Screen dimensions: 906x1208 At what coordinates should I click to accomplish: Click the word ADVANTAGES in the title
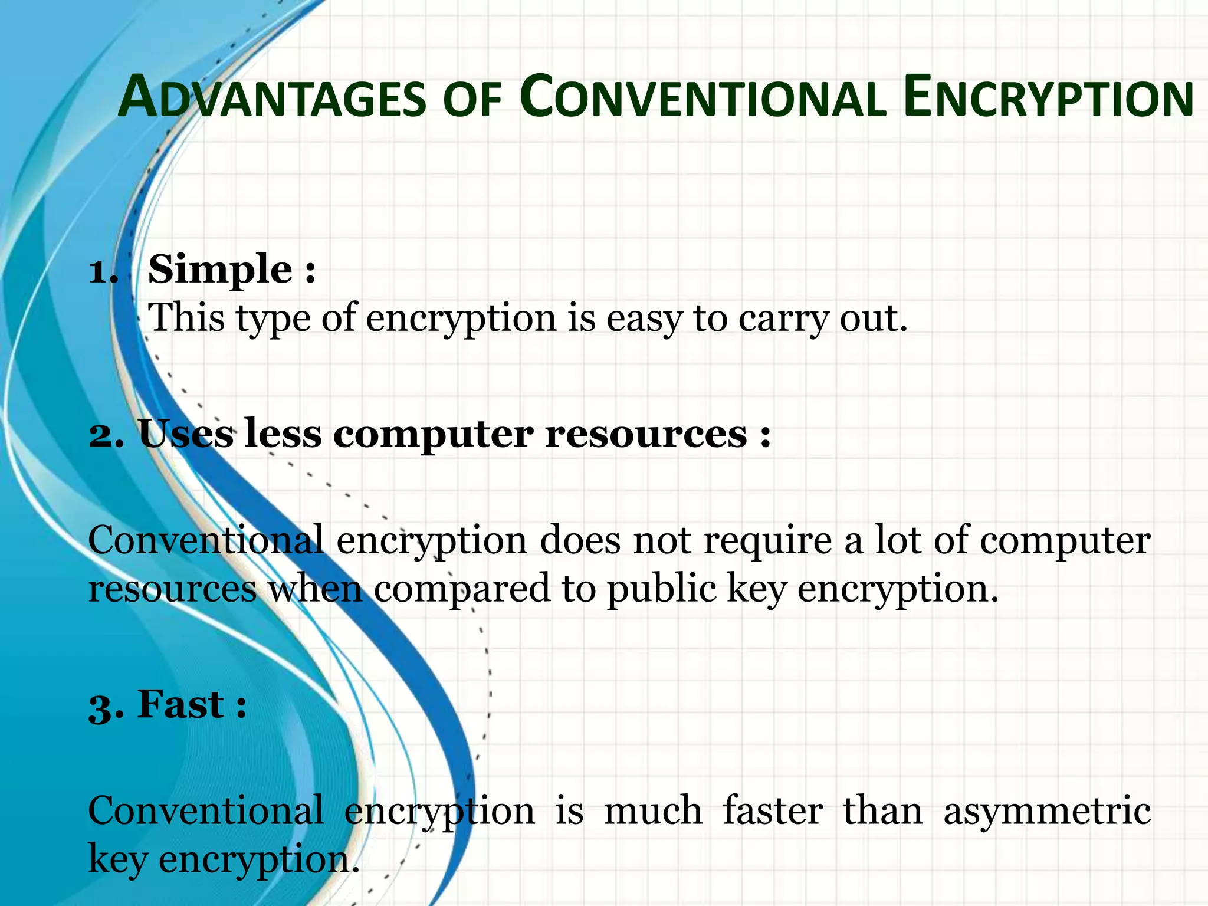click(x=272, y=97)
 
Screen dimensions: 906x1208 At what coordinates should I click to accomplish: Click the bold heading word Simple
click(x=220, y=270)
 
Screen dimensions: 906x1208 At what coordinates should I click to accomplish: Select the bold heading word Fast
click(x=180, y=704)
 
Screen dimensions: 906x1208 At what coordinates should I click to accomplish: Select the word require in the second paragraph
click(x=767, y=540)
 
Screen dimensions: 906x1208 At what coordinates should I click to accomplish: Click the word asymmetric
click(x=1047, y=812)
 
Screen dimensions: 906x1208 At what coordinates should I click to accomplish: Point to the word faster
click(x=773, y=810)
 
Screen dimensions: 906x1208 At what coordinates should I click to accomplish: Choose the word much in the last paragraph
click(x=653, y=810)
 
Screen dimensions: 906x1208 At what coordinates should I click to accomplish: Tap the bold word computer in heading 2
click(x=433, y=435)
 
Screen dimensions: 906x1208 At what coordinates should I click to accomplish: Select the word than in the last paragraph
click(x=882, y=810)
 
